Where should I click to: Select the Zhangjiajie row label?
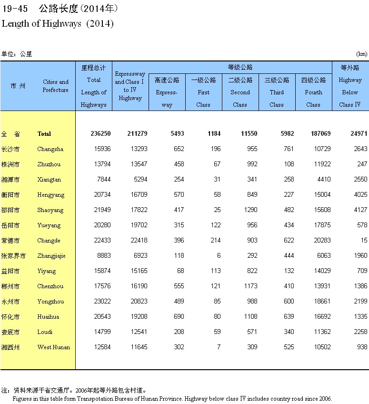(51, 256)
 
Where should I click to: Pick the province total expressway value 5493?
(177, 134)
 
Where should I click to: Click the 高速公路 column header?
(167, 80)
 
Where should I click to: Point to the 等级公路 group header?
(240, 67)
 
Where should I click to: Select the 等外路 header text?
(350, 68)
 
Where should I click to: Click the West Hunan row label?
(53, 347)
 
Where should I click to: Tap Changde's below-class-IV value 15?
(364, 241)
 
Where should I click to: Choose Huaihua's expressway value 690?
(178, 317)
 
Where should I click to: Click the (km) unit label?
(362, 54)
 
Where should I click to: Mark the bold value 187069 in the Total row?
(319, 134)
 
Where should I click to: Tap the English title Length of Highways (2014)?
(58, 23)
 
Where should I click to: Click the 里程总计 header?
(93, 68)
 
